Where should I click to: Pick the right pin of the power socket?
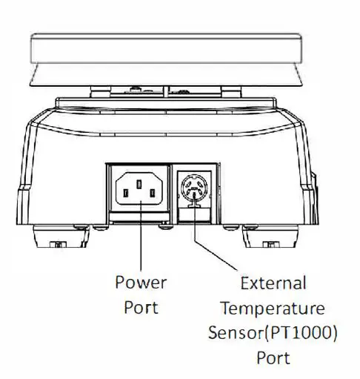[x=152, y=194]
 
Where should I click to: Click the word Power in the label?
[x=140, y=283]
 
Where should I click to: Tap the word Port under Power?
[x=140, y=306]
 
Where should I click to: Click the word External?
[x=273, y=283]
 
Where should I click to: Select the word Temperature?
[x=273, y=307]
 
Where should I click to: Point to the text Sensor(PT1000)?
[x=273, y=332]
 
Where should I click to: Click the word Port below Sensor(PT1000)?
[x=273, y=357]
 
